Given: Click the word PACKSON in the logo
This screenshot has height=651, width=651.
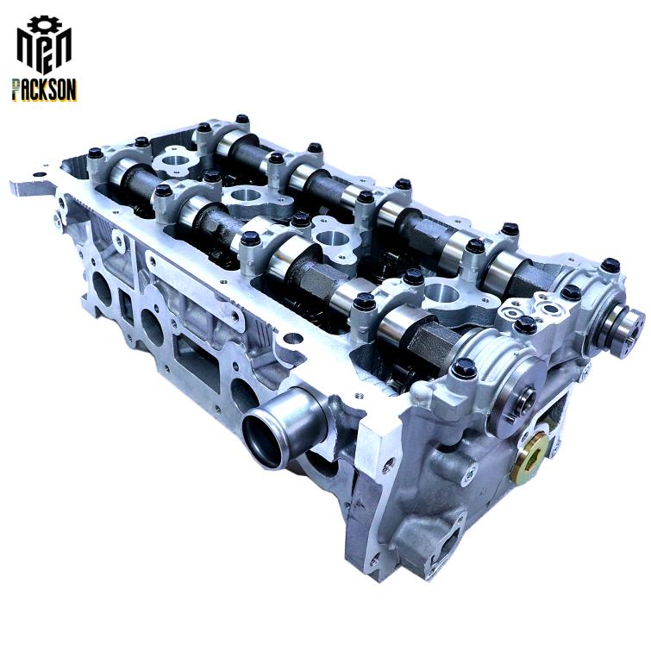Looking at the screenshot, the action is click(44, 90).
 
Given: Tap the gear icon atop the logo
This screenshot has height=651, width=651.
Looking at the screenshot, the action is click(44, 23).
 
